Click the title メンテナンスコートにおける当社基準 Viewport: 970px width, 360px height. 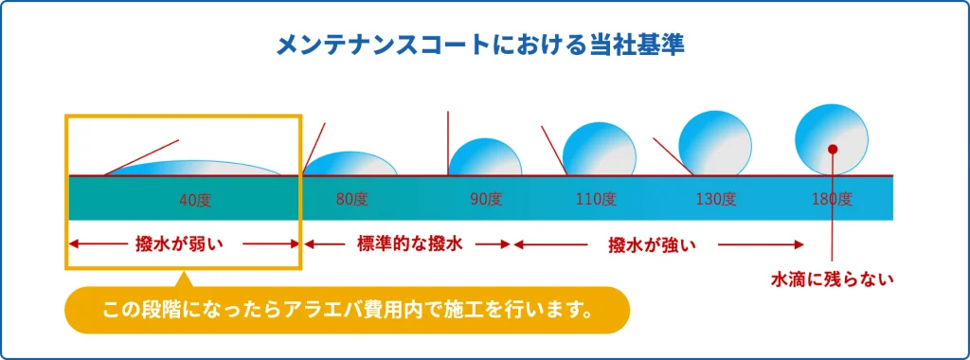(x=480, y=46)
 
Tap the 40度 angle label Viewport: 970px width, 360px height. (x=195, y=200)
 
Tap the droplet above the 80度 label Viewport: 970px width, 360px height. (x=350, y=163)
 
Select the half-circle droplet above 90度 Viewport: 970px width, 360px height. (x=485, y=157)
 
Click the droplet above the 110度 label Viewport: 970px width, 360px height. (x=599, y=150)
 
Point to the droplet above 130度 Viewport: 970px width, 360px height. (x=715, y=144)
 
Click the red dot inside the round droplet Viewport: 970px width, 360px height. (x=833, y=149)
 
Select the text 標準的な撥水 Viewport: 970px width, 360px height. (x=410, y=243)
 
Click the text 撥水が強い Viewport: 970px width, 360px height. (x=652, y=244)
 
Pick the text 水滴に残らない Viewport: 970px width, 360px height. (x=833, y=279)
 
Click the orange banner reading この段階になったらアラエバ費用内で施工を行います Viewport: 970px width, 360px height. (x=347, y=309)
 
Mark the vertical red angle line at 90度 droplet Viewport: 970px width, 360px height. (x=448, y=143)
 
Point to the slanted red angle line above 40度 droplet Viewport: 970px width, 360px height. (x=142, y=157)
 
